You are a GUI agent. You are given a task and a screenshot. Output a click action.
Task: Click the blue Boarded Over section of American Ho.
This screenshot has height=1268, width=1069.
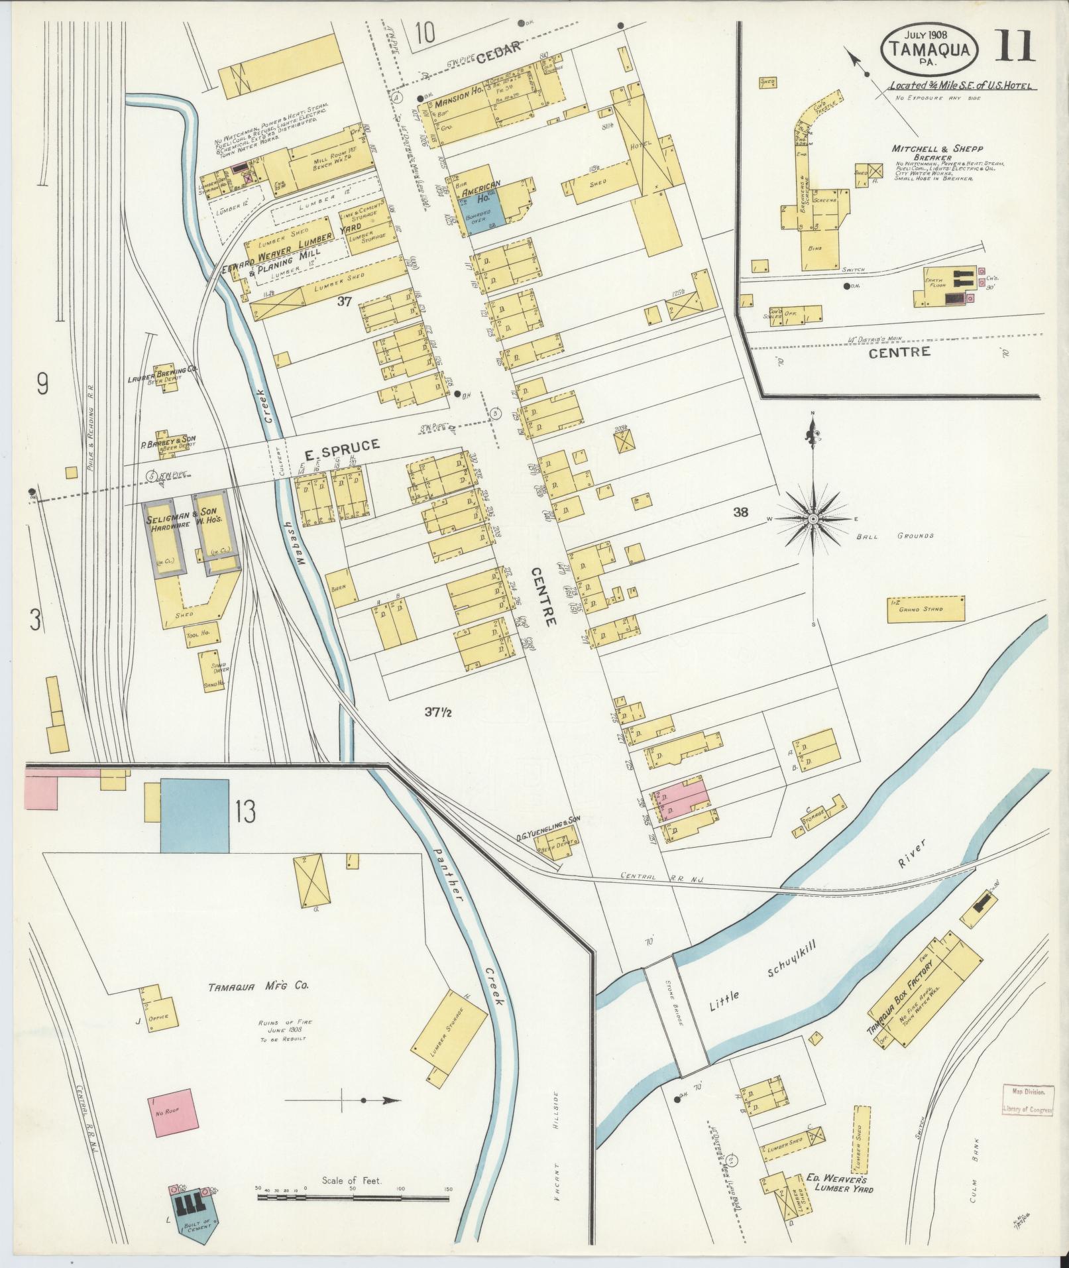477,216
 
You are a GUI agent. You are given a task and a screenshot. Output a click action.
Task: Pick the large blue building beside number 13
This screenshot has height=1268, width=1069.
195,815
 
